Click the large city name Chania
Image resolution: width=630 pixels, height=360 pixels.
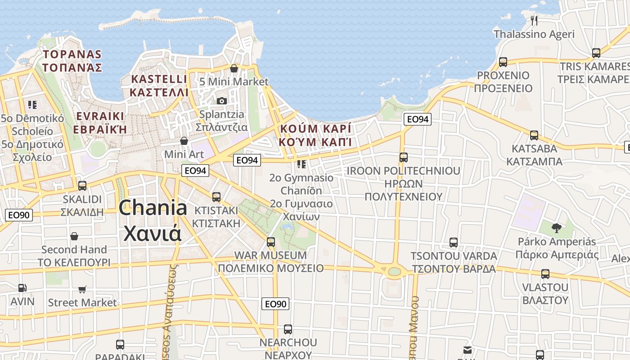[x=153, y=208]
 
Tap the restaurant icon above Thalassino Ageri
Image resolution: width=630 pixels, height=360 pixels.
[x=534, y=20]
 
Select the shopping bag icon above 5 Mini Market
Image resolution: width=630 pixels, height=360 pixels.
[x=234, y=68]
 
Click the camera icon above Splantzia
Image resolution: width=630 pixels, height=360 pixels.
[x=221, y=101]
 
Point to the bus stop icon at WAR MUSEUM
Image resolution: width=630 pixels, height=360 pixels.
[x=270, y=242]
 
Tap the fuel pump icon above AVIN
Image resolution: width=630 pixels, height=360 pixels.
[x=22, y=288]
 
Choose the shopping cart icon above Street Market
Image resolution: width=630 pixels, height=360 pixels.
[x=82, y=289]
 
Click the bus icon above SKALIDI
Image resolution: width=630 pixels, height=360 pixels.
[x=82, y=186]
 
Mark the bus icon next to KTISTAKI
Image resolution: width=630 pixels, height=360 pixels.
[x=216, y=197]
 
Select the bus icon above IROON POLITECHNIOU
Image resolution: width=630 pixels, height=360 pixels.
[x=404, y=157]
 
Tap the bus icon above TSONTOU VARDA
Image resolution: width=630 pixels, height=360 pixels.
[x=454, y=243]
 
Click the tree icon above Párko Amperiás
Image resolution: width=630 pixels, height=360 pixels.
[x=557, y=228]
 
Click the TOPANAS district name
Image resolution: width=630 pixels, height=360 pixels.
[x=72, y=54]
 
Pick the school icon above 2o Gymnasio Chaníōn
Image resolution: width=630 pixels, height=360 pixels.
[x=301, y=164]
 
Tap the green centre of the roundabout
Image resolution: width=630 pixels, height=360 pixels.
[x=394, y=271]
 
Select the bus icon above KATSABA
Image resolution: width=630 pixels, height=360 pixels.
[x=534, y=135]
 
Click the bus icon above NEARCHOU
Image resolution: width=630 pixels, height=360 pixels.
[x=288, y=329]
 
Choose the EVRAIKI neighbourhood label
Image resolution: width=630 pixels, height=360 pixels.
[x=101, y=116]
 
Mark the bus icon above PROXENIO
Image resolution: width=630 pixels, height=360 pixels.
[x=503, y=62]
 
